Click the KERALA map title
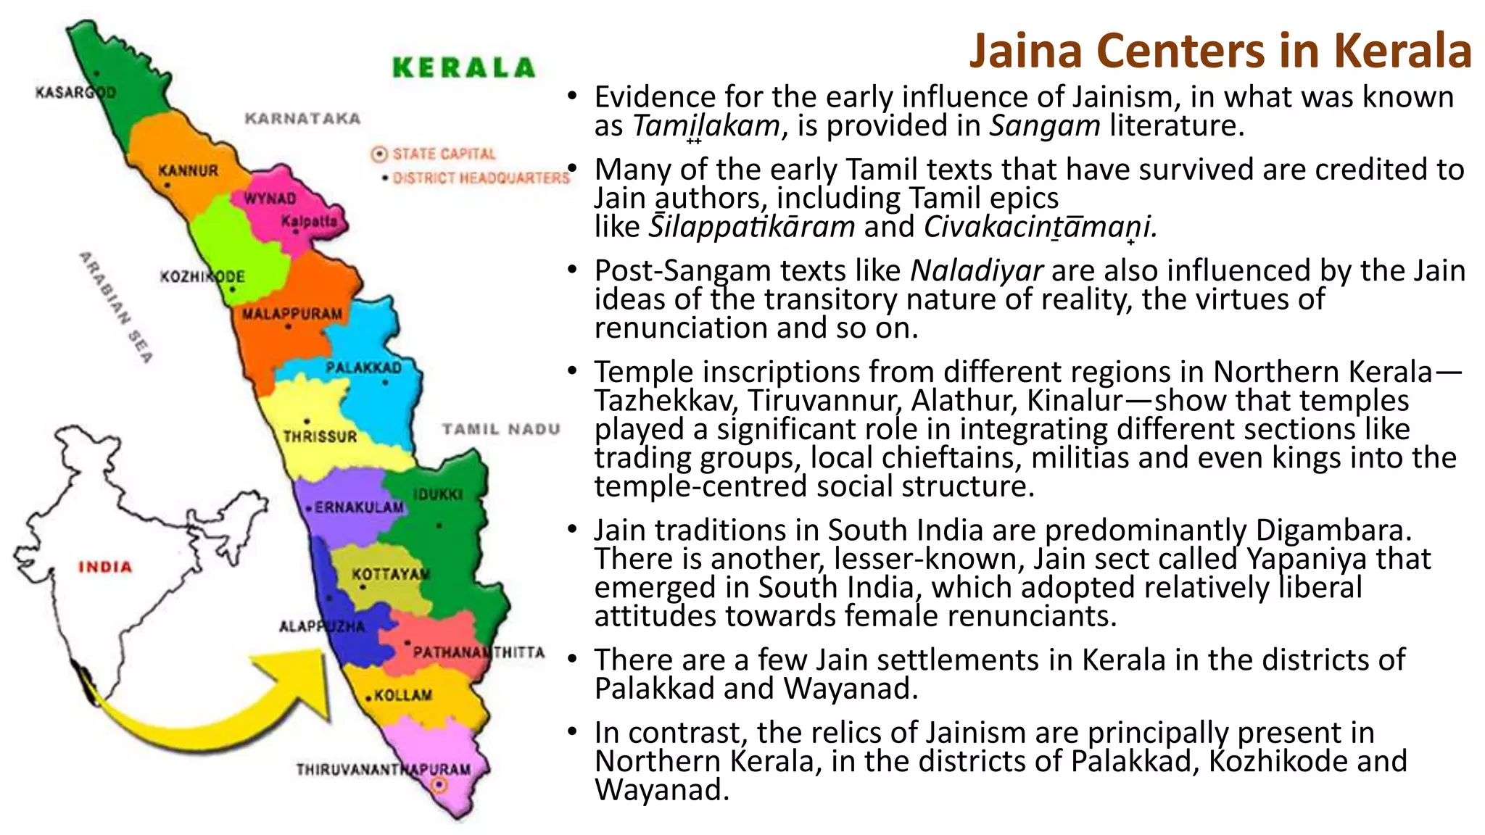tap(463, 67)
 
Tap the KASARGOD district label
tap(75, 93)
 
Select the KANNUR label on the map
tap(188, 171)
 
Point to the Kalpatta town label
tap(310, 220)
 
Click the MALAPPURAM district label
tap(291, 314)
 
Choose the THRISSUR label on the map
tap(320, 436)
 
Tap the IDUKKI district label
tap(438, 494)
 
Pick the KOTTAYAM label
tap(391, 574)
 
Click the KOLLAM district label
tap(402, 695)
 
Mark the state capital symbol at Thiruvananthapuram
tap(439, 785)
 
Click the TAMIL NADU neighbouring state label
tap(501, 429)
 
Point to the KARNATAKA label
tap(302, 118)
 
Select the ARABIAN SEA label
tap(116, 307)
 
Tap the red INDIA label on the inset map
tap(105, 567)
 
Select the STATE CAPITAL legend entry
tap(443, 154)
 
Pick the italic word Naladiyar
tap(976, 270)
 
